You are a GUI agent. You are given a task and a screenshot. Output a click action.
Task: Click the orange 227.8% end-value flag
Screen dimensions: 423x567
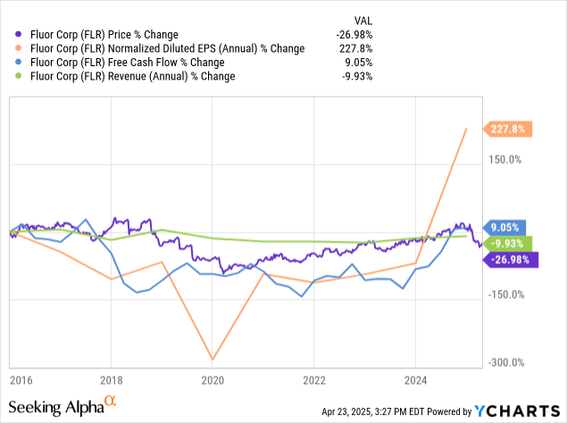(x=510, y=129)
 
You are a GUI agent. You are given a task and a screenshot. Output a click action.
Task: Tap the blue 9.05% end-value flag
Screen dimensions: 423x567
(x=505, y=227)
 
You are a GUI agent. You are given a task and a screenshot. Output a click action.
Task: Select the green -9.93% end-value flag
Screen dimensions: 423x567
(x=507, y=242)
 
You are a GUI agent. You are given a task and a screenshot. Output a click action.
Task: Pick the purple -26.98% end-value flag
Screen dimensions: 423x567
(x=510, y=259)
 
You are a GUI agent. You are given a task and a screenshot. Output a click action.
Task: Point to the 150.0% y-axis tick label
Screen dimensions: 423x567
(x=502, y=160)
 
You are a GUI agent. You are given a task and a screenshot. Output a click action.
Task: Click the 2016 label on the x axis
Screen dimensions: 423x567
(x=21, y=379)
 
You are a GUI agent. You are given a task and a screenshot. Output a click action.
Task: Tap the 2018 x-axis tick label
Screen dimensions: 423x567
(x=111, y=379)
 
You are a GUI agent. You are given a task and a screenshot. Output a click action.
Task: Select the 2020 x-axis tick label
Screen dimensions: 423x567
(x=213, y=379)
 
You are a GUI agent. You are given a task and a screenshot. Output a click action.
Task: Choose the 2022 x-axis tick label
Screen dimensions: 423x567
(x=313, y=379)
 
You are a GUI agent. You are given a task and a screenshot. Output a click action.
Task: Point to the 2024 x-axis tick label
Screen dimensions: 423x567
(x=415, y=379)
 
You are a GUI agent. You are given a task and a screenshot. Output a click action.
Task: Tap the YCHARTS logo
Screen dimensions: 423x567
(x=518, y=410)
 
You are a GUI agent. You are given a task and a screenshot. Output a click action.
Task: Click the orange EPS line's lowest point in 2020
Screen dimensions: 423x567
(x=213, y=360)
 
